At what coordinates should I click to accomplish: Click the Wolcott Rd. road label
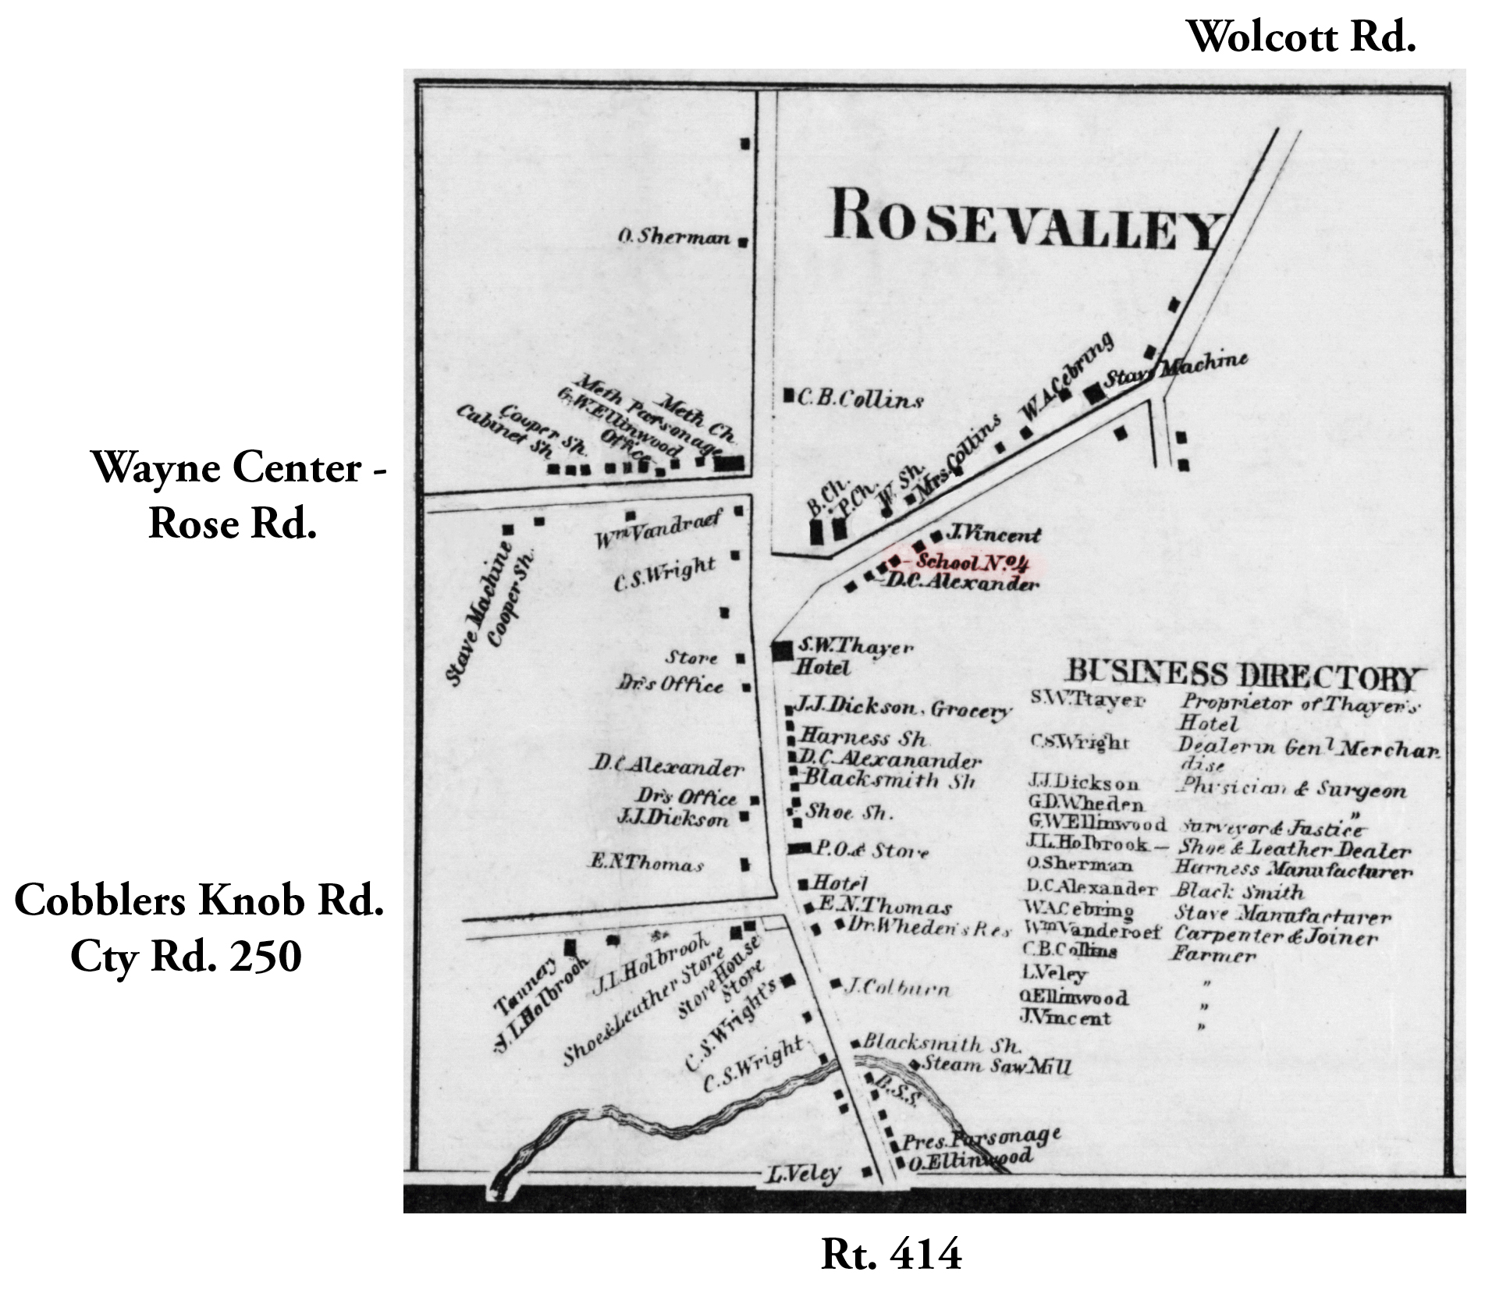[x=1300, y=37]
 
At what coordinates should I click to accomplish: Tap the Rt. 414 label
[x=891, y=1255]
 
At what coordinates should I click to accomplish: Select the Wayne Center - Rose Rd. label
[x=238, y=495]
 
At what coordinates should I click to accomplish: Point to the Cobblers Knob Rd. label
[x=199, y=901]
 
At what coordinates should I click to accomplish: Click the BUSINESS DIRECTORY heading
[x=1240, y=676]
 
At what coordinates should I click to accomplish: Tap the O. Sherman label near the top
[x=674, y=236]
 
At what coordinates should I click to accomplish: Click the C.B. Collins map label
[x=859, y=400]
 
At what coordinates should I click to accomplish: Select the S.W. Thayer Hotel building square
[x=782, y=651]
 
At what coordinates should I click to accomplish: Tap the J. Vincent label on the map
[x=993, y=535]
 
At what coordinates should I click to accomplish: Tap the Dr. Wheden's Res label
[x=929, y=928]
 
